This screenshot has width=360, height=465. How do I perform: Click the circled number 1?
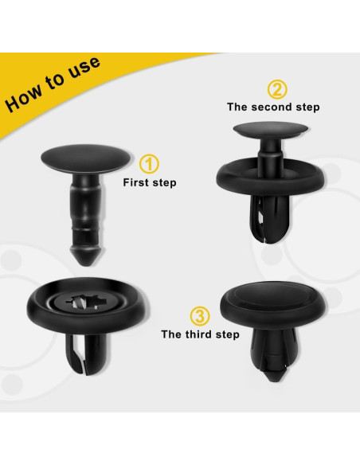coord(149,164)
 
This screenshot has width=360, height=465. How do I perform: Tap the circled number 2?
coord(277,89)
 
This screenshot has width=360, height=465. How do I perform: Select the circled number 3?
coord(200,316)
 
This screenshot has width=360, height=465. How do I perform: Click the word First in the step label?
coord(136,182)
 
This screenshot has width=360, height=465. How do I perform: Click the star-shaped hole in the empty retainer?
coord(84,303)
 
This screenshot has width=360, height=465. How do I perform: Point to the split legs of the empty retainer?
coord(84,354)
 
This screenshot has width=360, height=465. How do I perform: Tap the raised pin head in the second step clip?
coord(271,131)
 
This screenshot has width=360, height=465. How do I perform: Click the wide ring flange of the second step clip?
coord(271,177)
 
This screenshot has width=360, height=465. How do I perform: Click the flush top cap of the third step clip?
coord(274,302)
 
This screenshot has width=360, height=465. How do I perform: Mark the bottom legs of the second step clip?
coord(268,219)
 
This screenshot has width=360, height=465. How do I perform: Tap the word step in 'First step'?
coord(164,183)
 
